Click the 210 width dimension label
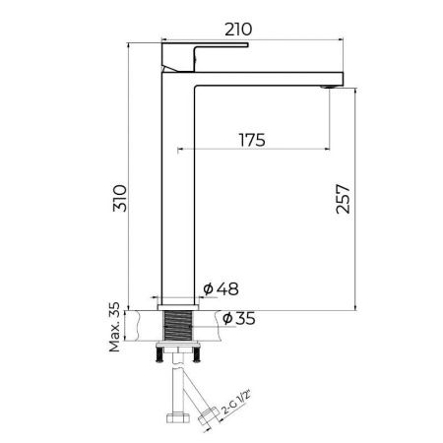pyautogui.click(x=238, y=30)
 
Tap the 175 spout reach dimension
pyautogui.click(x=252, y=140)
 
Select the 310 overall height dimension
pyautogui.click(x=120, y=198)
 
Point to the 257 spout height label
pyautogui.click(x=344, y=199)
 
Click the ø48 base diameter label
pyautogui.click(x=221, y=289)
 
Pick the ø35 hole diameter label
pyautogui.click(x=238, y=318)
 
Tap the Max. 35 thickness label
pyautogui.click(x=115, y=327)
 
